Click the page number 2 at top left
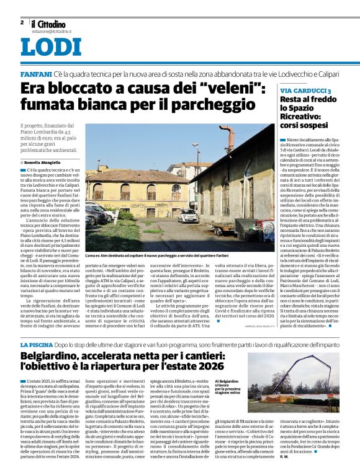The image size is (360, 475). pyautogui.click(x=22, y=22)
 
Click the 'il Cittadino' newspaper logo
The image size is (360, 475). pyautogui.click(x=49, y=23)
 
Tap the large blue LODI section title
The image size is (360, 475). pyautogui.click(x=50, y=48)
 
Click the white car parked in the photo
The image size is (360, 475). pyautogui.click(x=187, y=216)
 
